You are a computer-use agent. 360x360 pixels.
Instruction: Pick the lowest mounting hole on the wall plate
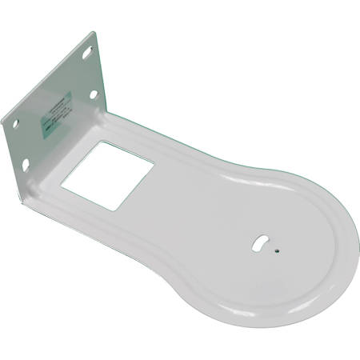tap(25, 164)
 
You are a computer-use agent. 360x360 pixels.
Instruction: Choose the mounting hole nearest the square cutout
tap(94, 94)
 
